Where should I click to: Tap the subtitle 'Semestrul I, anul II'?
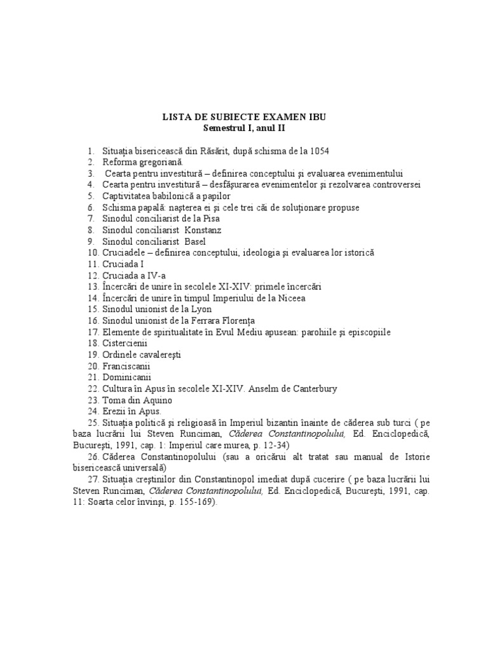point(244,128)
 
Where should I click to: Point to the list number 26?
point(93,456)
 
